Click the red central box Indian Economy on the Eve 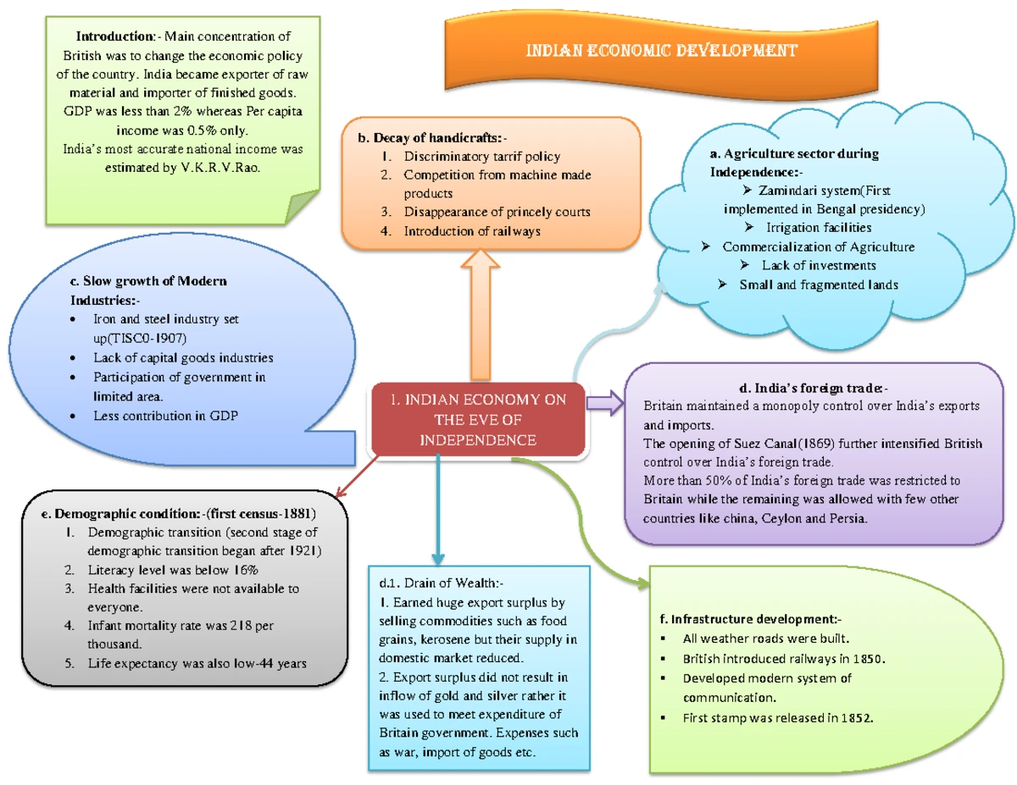478,420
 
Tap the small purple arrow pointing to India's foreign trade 604,403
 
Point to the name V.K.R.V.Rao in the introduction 224,168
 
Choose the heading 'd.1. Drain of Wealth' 442,583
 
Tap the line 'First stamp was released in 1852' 777,718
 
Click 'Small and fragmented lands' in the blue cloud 818,285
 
